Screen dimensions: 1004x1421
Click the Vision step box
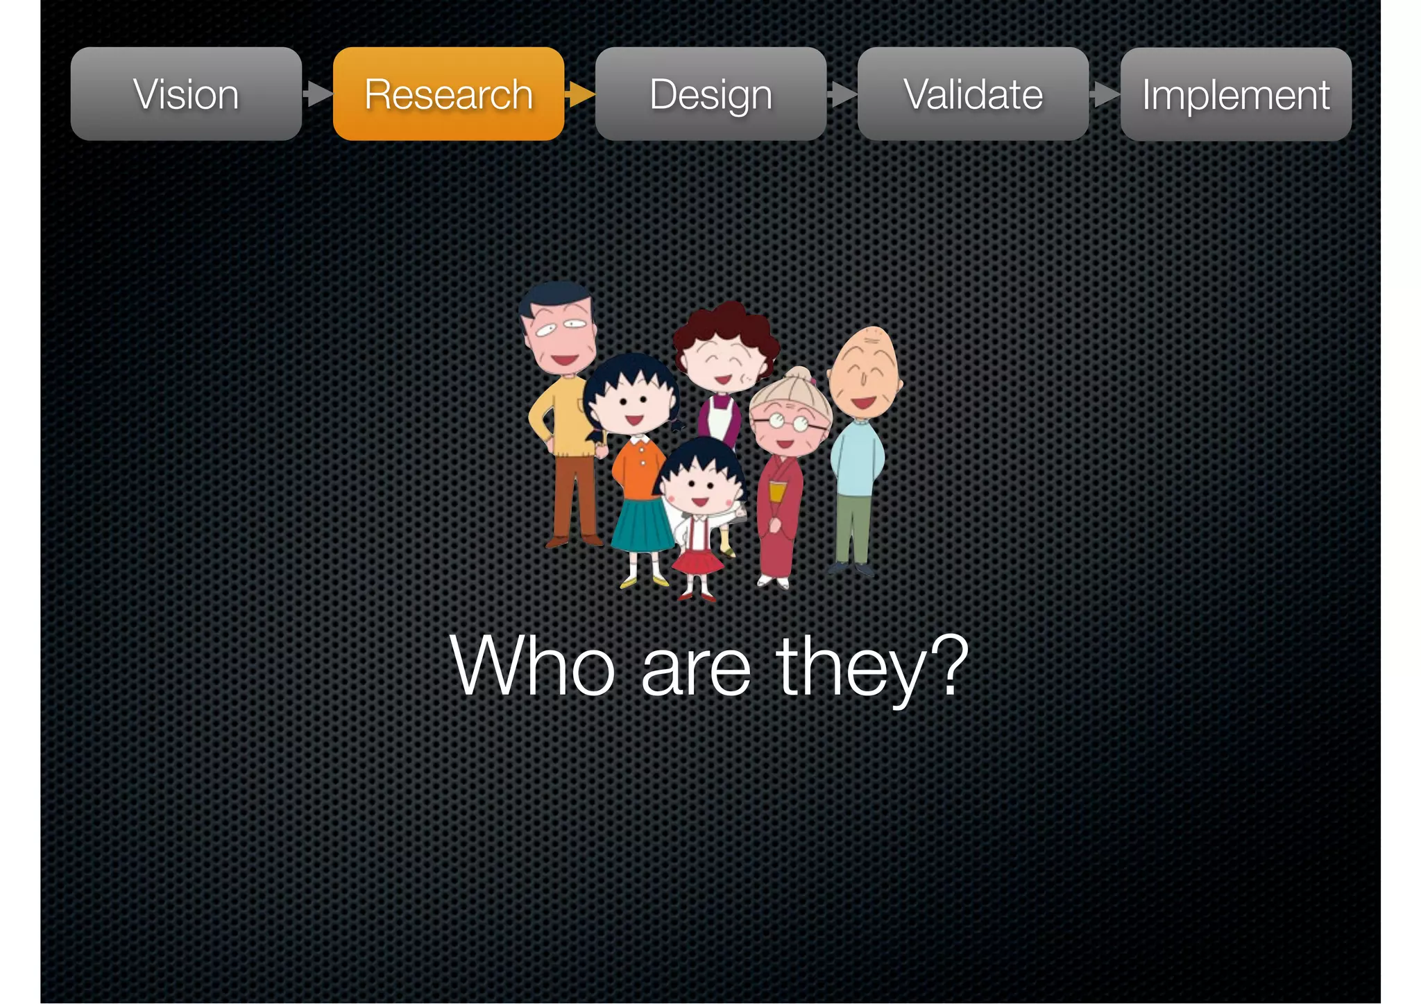point(186,94)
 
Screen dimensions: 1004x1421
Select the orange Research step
point(448,94)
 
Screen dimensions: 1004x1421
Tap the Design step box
point(710,94)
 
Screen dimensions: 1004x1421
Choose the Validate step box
point(973,94)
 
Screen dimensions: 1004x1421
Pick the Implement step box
point(1236,94)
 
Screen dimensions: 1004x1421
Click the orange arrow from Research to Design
point(580,94)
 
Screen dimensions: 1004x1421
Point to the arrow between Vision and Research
point(318,94)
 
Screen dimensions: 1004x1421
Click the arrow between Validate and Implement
point(1105,94)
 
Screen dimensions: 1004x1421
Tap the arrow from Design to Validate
point(842,94)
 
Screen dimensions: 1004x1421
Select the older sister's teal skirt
point(641,524)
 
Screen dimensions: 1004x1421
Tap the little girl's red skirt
point(698,561)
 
